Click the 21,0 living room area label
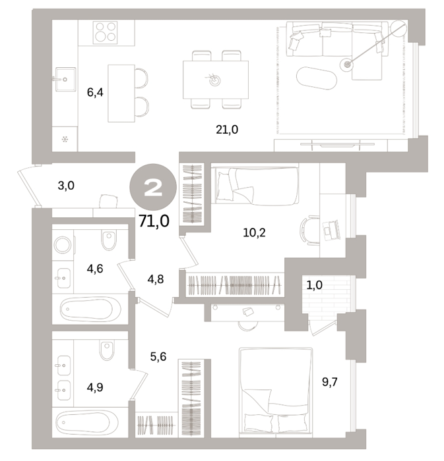click(x=227, y=129)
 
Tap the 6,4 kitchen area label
click(x=95, y=93)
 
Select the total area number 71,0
click(x=154, y=221)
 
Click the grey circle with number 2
click(x=153, y=187)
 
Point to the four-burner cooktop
click(x=105, y=32)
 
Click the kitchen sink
click(x=65, y=79)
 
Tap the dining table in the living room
click(x=216, y=80)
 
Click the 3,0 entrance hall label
click(x=66, y=186)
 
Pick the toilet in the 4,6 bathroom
click(x=109, y=240)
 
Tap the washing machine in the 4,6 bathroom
click(x=63, y=244)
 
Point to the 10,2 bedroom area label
click(x=254, y=232)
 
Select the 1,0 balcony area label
click(x=314, y=285)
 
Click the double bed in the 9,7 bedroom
click(x=276, y=391)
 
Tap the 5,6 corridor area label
click(x=158, y=357)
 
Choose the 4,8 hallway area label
click(x=156, y=279)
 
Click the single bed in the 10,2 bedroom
click(x=257, y=185)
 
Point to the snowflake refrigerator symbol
click(x=65, y=139)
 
